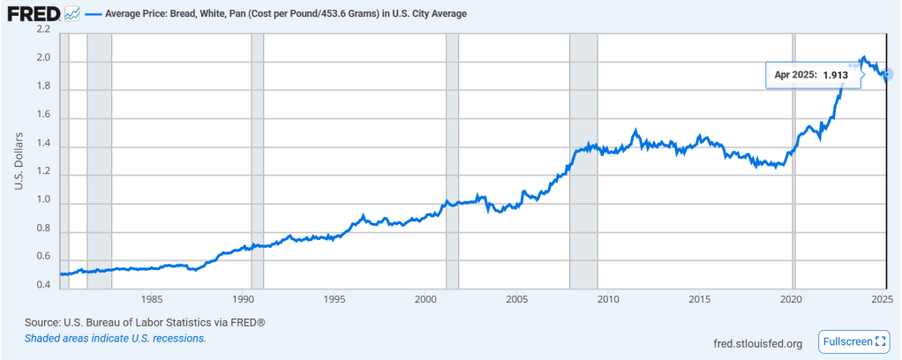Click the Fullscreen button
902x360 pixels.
point(854,341)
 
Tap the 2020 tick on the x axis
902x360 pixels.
point(791,299)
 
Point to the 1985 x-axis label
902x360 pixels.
point(151,299)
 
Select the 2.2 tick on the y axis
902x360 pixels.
point(42,30)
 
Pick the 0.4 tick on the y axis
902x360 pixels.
point(42,285)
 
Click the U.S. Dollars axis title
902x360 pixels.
point(18,159)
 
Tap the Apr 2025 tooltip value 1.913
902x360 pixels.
point(835,75)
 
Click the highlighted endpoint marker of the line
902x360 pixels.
point(886,74)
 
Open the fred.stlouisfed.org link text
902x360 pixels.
point(756,343)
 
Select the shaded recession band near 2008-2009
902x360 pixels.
point(583,159)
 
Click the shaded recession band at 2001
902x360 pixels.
point(452,159)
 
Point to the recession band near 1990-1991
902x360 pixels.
point(258,159)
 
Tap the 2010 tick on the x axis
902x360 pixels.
point(606,299)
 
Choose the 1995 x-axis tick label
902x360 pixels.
point(334,299)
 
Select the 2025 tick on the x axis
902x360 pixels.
point(881,299)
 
